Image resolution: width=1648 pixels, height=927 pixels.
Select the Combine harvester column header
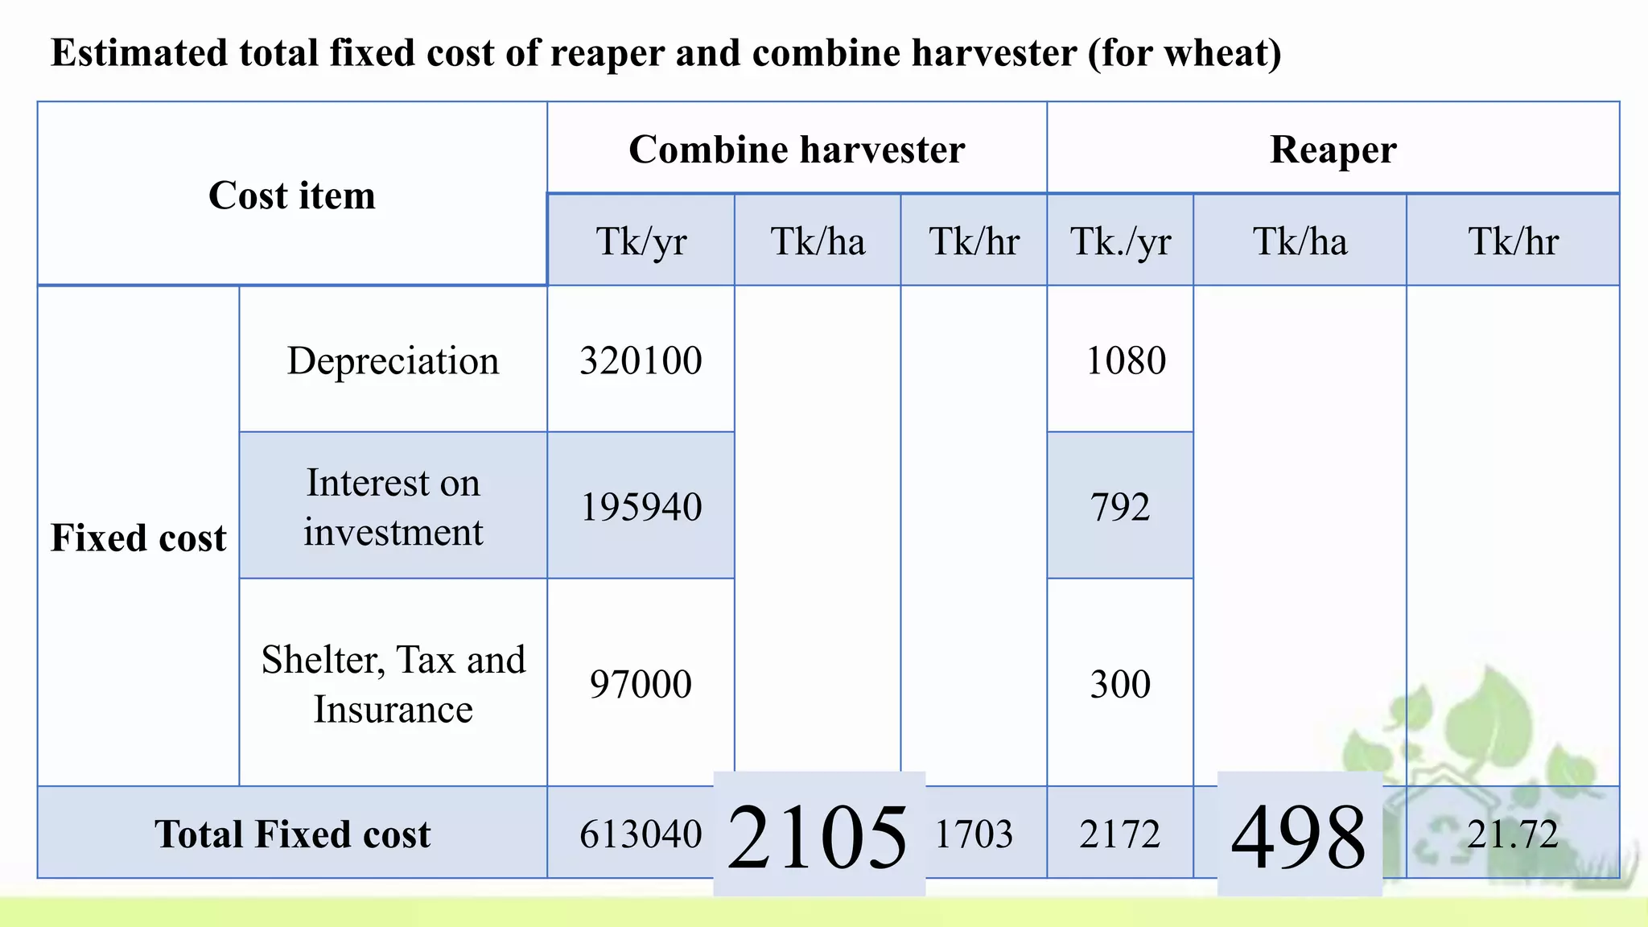pyautogui.click(x=797, y=150)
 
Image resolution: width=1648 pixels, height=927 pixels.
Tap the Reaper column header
pyautogui.click(x=1333, y=150)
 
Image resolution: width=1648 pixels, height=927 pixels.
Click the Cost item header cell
pyautogui.click(x=292, y=196)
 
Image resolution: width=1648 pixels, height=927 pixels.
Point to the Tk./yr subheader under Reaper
pyautogui.click(x=1120, y=241)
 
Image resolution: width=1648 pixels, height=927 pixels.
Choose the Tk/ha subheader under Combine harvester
pyautogui.click(x=818, y=241)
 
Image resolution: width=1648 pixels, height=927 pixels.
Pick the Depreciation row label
pyautogui.click(x=393, y=360)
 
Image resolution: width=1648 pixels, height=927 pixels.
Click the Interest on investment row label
pyautogui.click(x=393, y=507)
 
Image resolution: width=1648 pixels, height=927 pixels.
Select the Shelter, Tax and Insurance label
pyautogui.click(x=393, y=684)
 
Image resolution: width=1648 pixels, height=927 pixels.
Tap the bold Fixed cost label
pyautogui.click(x=138, y=538)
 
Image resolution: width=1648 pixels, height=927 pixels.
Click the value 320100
pyautogui.click(x=641, y=360)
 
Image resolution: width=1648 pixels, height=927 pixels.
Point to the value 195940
pyautogui.click(x=641, y=507)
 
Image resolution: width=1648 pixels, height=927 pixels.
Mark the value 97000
pyautogui.click(x=641, y=684)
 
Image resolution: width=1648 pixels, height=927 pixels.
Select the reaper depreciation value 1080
pyautogui.click(x=1125, y=360)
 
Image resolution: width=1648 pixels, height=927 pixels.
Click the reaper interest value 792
pyautogui.click(x=1120, y=507)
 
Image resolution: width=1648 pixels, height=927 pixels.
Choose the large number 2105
pyautogui.click(x=818, y=837)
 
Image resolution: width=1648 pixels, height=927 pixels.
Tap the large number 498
pyautogui.click(x=1299, y=837)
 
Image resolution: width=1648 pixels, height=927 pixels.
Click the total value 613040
pyautogui.click(x=641, y=834)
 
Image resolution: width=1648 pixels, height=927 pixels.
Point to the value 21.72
pyautogui.click(x=1512, y=834)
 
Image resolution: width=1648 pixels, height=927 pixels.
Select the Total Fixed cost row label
pyautogui.click(x=292, y=834)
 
